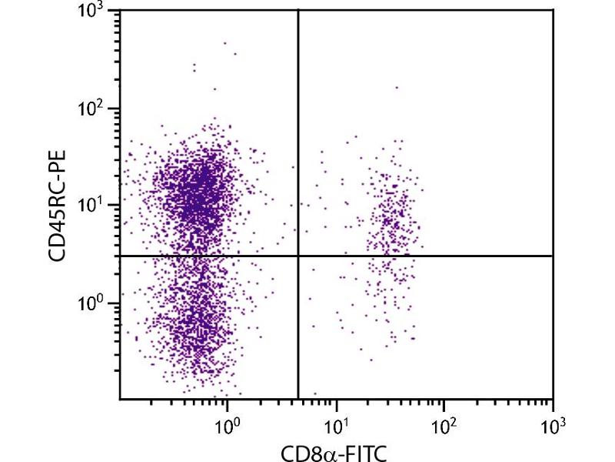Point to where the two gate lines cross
click(x=298, y=256)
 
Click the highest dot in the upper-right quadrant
click(x=397, y=88)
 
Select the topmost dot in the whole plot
click(x=225, y=43)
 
